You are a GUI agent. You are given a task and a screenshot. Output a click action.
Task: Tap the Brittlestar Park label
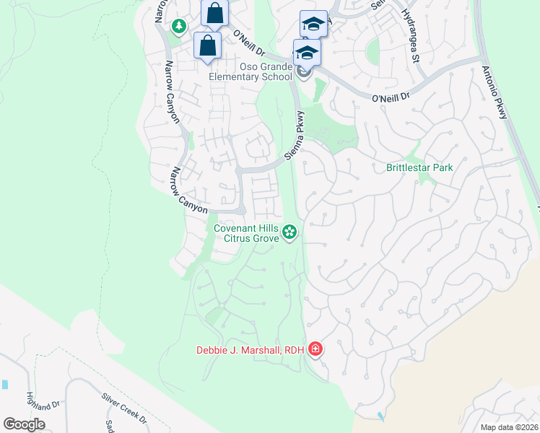tap(419, 167)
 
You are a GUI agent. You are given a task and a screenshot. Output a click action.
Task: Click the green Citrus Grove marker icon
tap(289, 232)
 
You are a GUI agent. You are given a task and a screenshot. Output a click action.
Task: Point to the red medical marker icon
tap(315, 350)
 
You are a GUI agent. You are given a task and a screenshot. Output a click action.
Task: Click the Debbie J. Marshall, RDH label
tap(250, 351)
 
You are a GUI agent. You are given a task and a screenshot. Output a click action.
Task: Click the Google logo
tap(24, 424)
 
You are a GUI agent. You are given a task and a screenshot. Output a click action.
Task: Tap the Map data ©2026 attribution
tap(509, 426)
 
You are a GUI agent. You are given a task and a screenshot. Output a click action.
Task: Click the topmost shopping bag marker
tap(214, 13)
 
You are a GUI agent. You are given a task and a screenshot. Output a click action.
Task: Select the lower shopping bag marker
tap(208, 45)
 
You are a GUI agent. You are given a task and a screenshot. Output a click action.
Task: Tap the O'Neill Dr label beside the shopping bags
tap(249, 43)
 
